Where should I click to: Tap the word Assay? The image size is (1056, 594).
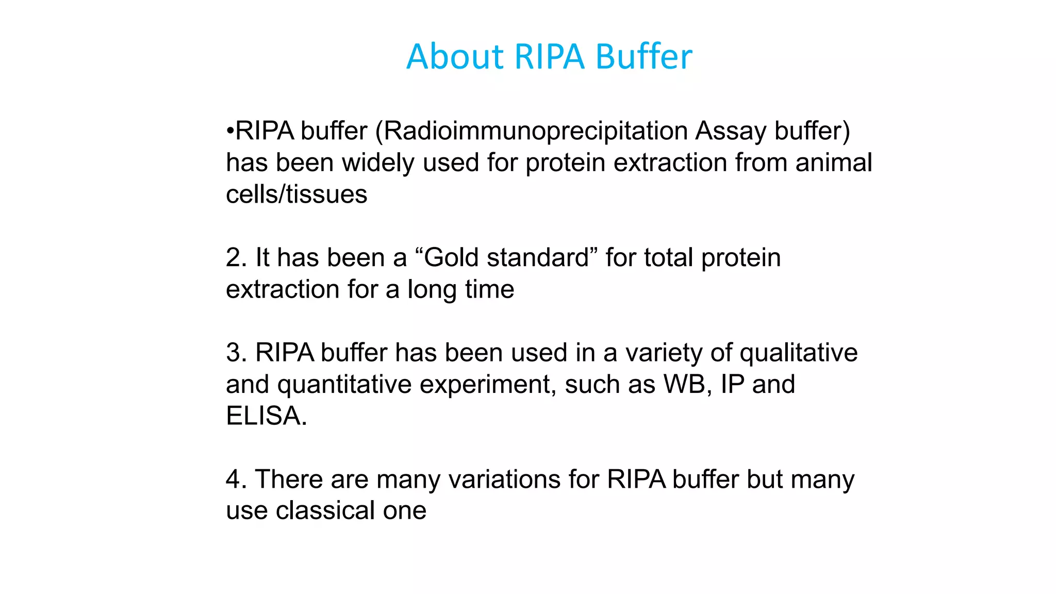(x=731, y=131)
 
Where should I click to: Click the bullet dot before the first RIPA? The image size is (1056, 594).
(x=230, y=131)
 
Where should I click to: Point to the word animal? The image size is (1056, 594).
(x=833, y=162)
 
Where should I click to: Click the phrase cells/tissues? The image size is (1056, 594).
(x=296, y=194)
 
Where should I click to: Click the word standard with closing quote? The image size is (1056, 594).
(x=541, y=257)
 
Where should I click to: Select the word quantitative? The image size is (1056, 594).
(x=344, y=385)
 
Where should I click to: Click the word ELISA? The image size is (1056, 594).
(x=266, y=416)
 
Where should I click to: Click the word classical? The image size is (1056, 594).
(x=325, y=510)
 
